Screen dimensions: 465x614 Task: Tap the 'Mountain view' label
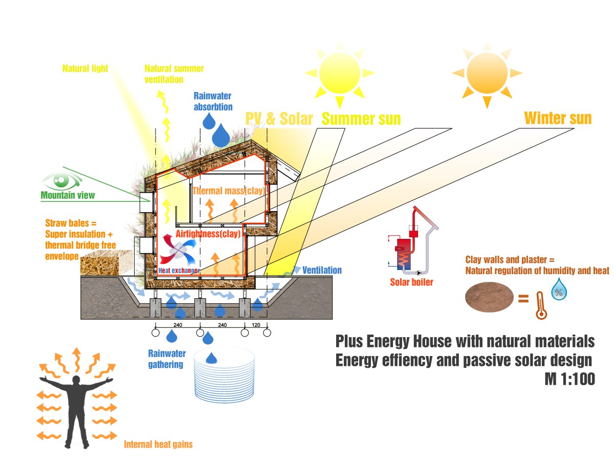pyautogui.click(x=68, y=195)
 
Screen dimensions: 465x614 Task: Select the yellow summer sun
pyautogui.click(x=339, y=73)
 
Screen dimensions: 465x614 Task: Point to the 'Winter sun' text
pyautogui.click(x=558, y=118)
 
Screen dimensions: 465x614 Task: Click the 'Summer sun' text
pyautogui.click(x=361, y=119)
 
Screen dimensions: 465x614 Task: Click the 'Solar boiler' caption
pyautogui.click(x=411, y=282)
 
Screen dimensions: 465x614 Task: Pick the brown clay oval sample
pyautogui.click(x=490, y=298)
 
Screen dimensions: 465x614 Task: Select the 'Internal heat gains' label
pyautogui.click(x=158, y=445)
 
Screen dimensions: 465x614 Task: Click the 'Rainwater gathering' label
pyautogui.click(x=167, y=359)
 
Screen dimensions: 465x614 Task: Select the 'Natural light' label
pyautogui.click(x=85, y=68)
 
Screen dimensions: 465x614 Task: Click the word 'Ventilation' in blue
pyautogui.click(x=322, y=270)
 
